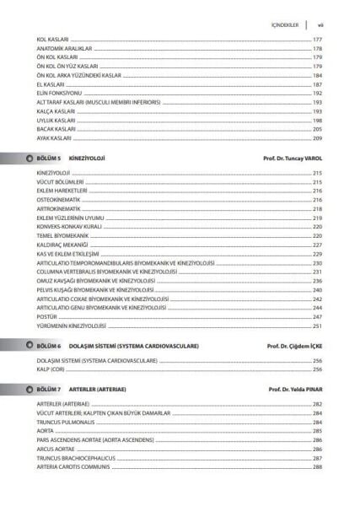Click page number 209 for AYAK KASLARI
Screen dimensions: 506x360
317,137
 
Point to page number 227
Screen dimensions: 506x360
317,245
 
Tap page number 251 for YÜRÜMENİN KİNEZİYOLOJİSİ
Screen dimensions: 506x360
317,326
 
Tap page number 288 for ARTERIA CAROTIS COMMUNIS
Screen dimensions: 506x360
317,467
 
